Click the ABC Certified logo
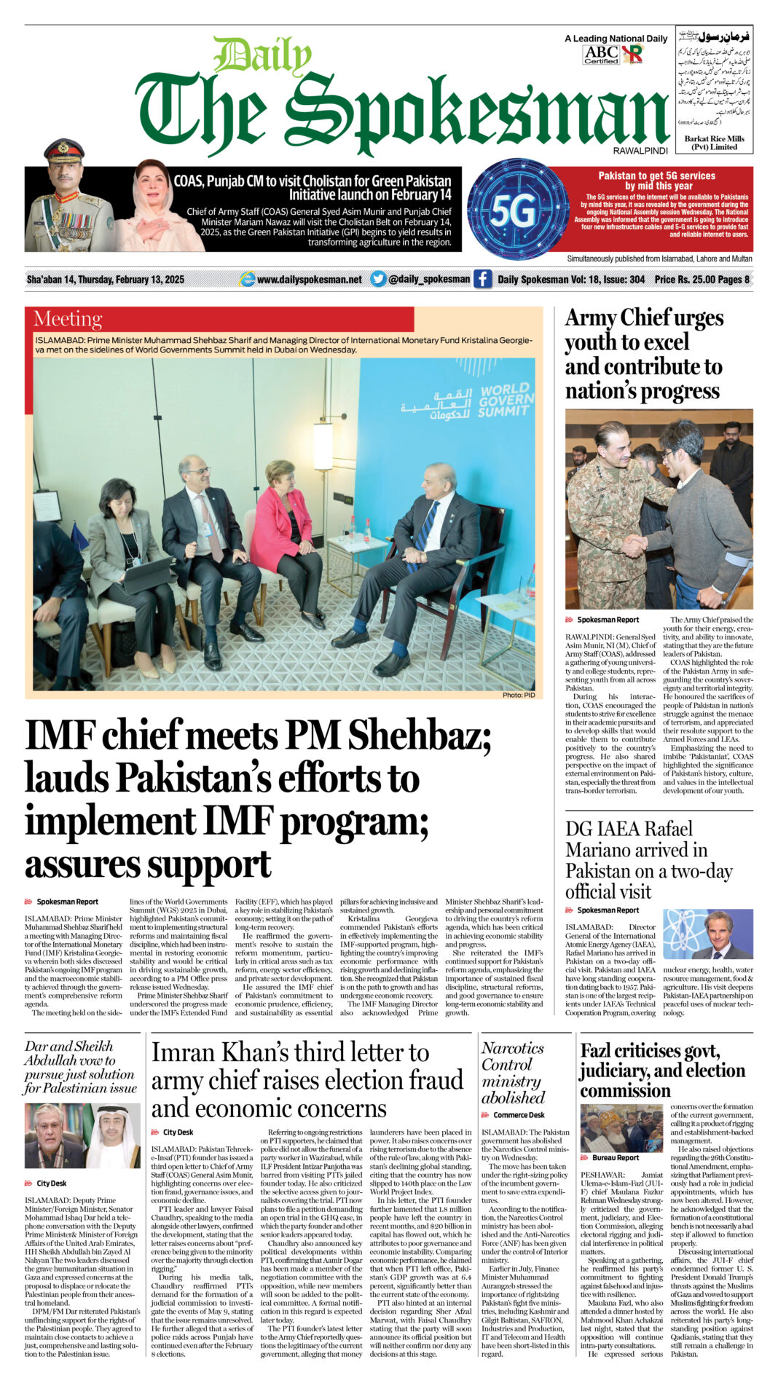point(601,55)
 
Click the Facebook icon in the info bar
point(482,279)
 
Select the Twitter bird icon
point(378,279)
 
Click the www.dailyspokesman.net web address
point(309,279)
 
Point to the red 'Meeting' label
point(68,319)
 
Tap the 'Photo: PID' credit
point(518,695)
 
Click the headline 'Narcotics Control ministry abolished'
point(513,1072)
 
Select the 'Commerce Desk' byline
point(519,1115)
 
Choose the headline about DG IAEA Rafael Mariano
point(648,860)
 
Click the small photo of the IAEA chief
point(707,934)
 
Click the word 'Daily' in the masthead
point(262,55)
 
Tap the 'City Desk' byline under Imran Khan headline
point(178,1132)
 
